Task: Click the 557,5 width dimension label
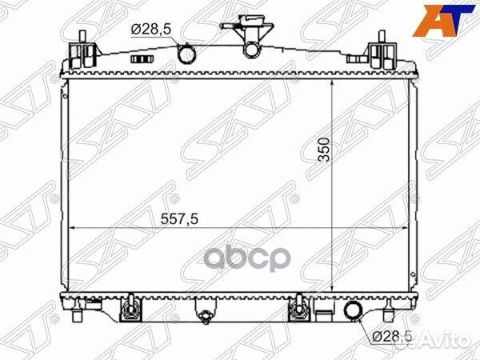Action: coord(180,218)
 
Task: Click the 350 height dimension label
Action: coord(324,150)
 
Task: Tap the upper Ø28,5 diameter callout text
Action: coord(151,30)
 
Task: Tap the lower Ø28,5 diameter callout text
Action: coord(392,337)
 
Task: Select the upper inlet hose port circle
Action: coord(186,54)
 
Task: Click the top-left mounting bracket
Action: coord(82,51)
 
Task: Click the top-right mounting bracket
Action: coord(382,51)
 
